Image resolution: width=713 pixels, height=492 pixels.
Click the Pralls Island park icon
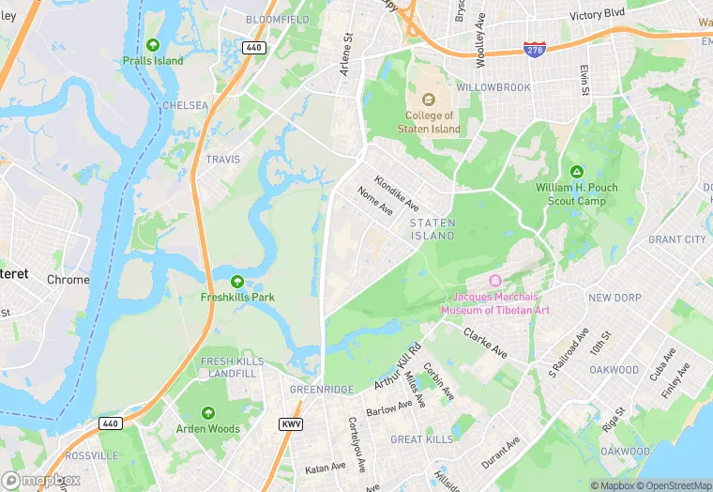(x=153, y=44)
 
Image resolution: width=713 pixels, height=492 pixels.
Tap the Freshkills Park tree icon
(x=237, y=281)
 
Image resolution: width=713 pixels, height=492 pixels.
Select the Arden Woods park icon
(x=208, y=412)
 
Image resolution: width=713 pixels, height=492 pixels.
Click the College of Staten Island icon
(x=428, y=100)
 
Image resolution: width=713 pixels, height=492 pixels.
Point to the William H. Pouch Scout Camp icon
(x=577, y=171)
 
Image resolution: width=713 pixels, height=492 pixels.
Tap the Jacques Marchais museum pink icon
(x=495, y=281)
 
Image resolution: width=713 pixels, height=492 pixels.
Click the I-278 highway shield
(x=535, y=50)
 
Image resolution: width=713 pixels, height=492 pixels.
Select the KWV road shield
(x=291, y=424)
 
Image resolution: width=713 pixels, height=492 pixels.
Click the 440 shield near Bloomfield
(x=252, y=47)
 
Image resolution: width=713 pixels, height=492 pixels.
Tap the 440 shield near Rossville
(x=111, y=424)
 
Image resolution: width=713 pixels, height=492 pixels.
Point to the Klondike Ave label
(x=397, y=193)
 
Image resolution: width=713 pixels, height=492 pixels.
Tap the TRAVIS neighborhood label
(x=223, y=161)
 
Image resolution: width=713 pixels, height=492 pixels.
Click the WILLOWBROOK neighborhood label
(x=493, y=87)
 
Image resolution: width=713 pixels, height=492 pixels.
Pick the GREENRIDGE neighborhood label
(x=322, y=390)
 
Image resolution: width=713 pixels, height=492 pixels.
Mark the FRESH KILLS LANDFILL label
(x=229, y=367)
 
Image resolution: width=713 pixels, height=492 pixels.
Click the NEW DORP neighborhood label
(x=614, y=298)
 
